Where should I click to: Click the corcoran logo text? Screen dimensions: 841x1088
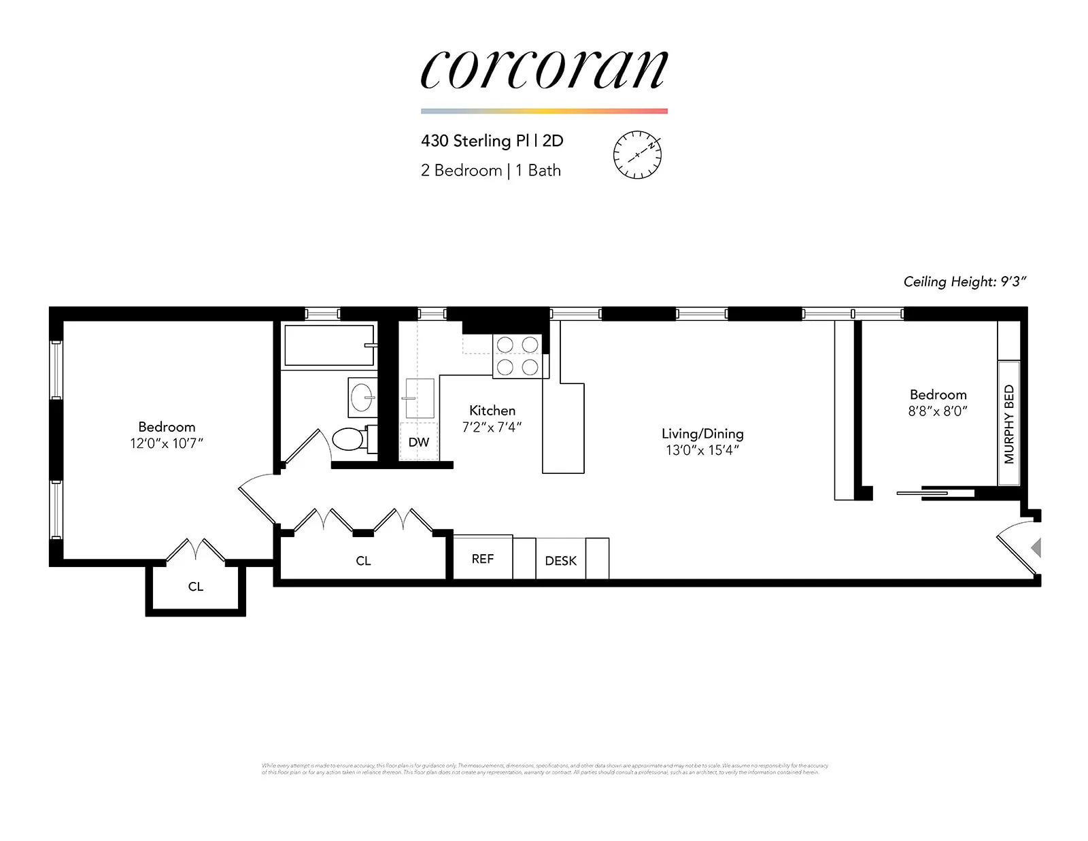click(x=544, y=69)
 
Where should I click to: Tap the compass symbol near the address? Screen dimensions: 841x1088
click(x=637, y=154)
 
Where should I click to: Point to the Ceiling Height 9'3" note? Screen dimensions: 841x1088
click(x=964, y=281)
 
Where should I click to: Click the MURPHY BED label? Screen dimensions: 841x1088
click(x=1008, y=424)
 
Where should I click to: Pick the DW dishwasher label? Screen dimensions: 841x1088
click(x=419, y=442)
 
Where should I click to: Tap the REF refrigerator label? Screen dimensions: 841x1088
click(x=483, y=559)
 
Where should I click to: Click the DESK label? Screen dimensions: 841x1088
click(x=560, y=561)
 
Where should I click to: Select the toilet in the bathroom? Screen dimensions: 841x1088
click(x=350, y=439)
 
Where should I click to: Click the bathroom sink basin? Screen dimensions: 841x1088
click(x=362, y=397)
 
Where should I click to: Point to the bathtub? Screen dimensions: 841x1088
click(x=329, y=345)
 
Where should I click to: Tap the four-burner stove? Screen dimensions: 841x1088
click(x=517, y=356)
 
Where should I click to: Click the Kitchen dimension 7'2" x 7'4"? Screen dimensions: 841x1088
click(x=492, y=427)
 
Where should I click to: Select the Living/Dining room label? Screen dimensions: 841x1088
click(x=702, y=434)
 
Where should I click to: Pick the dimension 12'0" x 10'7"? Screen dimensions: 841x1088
click(x=167, y=443)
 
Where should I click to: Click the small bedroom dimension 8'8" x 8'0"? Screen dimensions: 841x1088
click(x=938, y=411)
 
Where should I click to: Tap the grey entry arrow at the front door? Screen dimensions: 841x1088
click(x=1036, y=547)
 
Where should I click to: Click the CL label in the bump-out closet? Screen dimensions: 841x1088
click(x=196, y=587)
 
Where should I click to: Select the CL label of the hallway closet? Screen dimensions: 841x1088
click(x=363, y=561)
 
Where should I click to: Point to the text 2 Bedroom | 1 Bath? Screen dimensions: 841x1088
click(x=490, y=170)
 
